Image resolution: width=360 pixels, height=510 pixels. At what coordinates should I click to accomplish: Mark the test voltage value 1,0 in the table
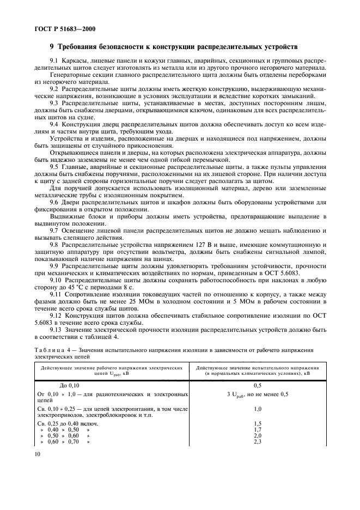point(258,408)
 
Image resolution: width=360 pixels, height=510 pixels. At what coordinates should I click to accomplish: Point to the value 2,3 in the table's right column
point(258,442)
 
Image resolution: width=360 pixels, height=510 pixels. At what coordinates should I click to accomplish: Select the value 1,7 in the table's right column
point(258,429)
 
